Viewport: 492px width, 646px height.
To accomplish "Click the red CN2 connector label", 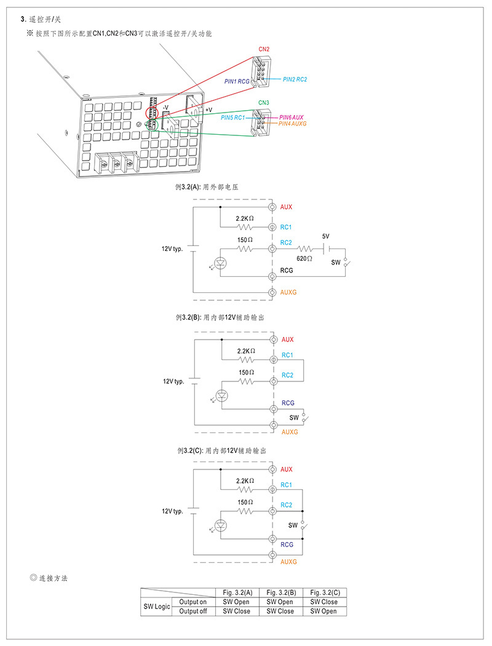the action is point(264,49).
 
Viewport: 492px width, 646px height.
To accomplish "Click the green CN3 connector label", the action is point(264,103).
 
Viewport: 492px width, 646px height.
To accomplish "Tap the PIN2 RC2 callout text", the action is point(295,79).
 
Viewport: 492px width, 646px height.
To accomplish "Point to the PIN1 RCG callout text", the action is point(237,82).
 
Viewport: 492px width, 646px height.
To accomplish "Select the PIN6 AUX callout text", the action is point(292,118).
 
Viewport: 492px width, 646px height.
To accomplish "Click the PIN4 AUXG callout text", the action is point(292,124).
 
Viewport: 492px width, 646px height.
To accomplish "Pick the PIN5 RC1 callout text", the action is point(232,118).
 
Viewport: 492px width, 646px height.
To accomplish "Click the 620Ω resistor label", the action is point(304,259).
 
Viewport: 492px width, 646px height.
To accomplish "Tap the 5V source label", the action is point(326,236).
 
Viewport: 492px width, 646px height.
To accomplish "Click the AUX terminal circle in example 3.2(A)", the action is point(272,207).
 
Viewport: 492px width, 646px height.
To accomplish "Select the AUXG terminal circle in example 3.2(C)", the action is point(272,555).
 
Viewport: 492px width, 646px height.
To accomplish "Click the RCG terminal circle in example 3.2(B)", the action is point(274,409).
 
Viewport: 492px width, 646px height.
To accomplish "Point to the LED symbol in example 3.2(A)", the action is point(221,263).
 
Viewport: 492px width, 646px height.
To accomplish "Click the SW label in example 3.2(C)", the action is point(293,525).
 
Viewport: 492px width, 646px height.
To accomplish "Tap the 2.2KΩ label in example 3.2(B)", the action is point(246,351).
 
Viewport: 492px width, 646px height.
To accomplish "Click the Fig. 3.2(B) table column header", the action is point(281,592).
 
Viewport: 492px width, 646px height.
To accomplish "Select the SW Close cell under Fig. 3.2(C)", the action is point(324,602).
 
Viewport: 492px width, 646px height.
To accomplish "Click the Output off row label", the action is point(193,612).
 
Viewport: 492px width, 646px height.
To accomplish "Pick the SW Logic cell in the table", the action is point(157,607).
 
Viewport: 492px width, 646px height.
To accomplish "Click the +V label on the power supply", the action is point(208,110).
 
